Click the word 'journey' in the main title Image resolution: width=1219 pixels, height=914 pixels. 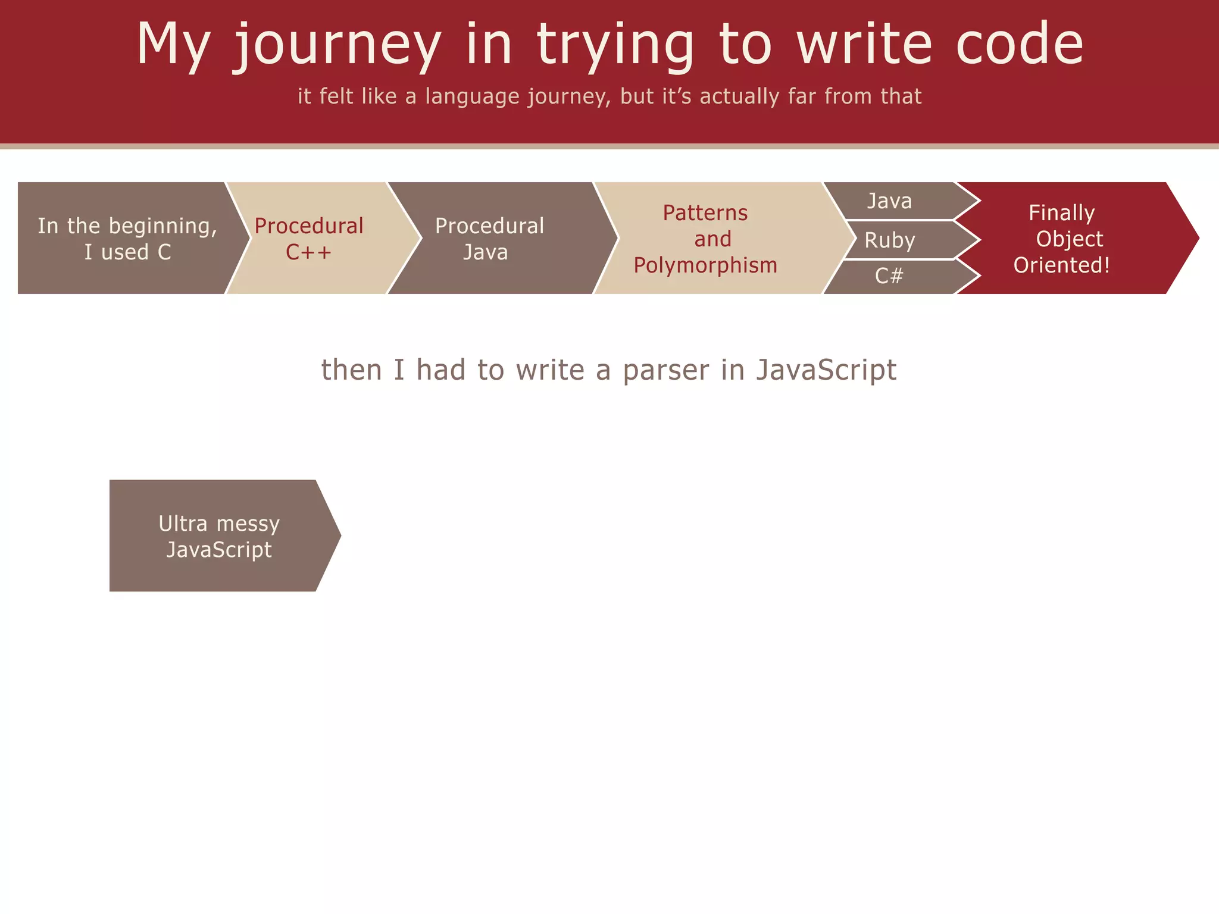coord(337,45)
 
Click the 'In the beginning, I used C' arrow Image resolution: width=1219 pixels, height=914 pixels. coord(127,239)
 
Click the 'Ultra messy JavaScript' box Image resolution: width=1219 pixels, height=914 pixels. coord(219,536)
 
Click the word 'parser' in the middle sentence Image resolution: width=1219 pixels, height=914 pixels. coord(666,370)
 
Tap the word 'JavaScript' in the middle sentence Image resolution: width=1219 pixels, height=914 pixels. coord(826,370)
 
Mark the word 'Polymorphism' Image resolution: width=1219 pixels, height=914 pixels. coord(705,265)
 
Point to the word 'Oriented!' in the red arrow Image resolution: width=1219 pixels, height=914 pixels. coord(1062,265)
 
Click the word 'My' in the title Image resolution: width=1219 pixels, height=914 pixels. coord(173,45)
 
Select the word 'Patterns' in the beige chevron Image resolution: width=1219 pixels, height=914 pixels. coord(705,213)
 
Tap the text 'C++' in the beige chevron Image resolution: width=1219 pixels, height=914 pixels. coord(308,252)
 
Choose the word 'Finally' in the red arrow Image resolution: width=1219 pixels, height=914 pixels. coord(1061,213)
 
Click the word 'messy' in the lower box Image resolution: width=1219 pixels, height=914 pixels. coord(248,524)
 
